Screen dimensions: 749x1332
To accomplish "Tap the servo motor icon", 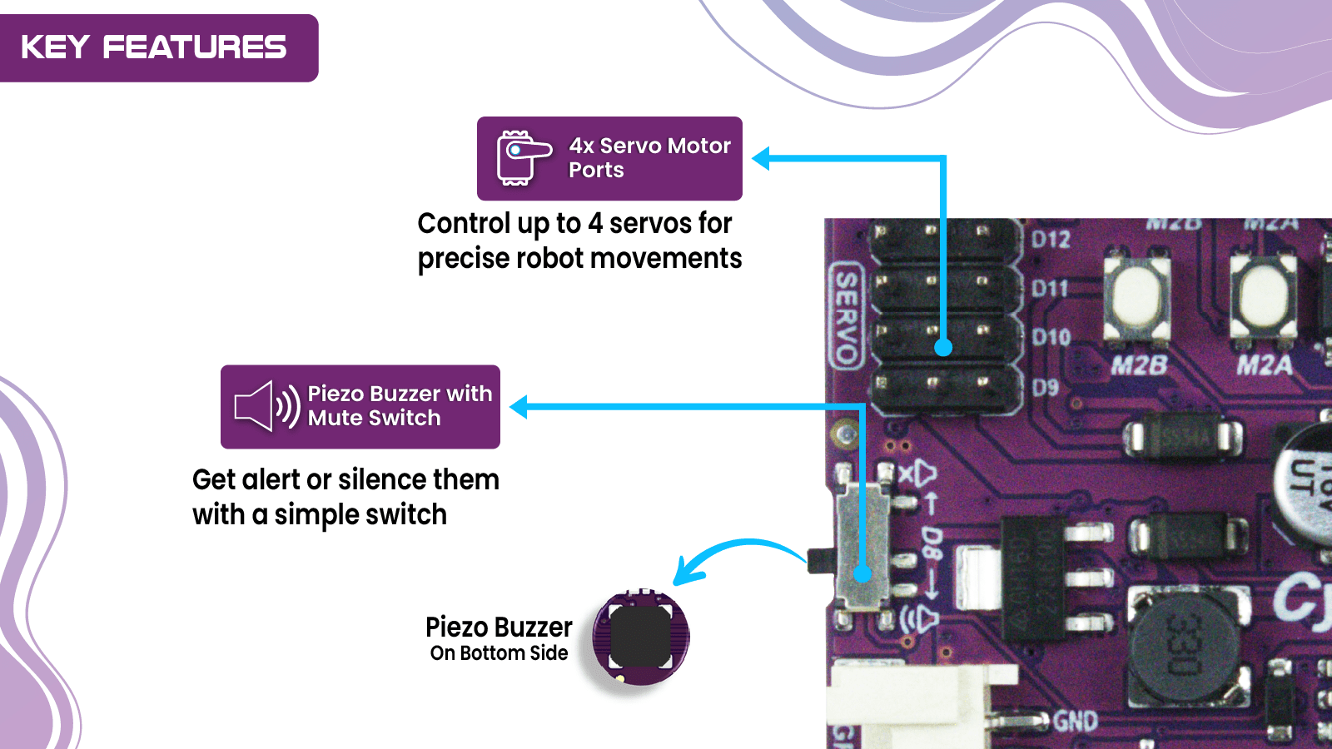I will tap(523, 157).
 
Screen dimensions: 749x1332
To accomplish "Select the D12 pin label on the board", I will tap(1051, 240).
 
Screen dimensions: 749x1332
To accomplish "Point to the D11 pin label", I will tap(1050, 289).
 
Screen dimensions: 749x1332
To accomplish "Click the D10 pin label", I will tap(1051, 337).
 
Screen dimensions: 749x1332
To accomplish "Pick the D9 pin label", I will tap(1046, 387).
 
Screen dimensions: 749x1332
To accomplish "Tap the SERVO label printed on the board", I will tap(846, 316).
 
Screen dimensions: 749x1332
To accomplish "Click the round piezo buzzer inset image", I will tap(640, 637).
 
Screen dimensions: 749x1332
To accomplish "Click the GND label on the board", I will tap(1076, 721).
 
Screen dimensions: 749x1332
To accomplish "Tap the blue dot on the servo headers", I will tap(943, 347).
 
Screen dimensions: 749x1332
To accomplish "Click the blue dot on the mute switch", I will tap(862, 573).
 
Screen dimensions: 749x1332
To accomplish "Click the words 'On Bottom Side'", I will tap(499, 653).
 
